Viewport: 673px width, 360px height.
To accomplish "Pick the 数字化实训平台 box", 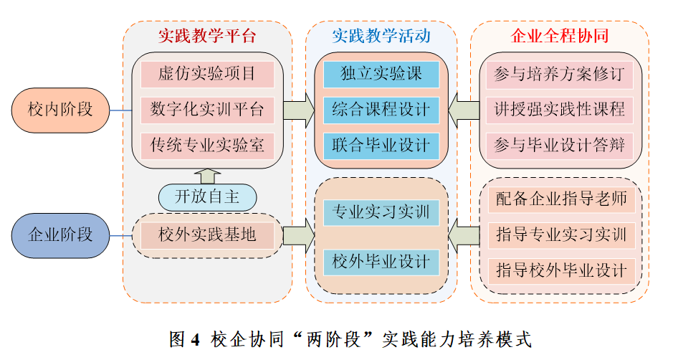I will (207, 110).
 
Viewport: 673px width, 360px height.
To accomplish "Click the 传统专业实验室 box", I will (207, 146).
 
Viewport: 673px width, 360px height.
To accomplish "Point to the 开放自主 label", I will (207, 195).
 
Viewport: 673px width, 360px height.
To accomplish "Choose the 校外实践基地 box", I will (207, 235).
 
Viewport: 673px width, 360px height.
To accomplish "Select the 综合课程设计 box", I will (381, 110).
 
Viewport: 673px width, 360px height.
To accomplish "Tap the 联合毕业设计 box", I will (381, 146).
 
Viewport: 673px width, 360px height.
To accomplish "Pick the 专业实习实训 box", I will (381, 212).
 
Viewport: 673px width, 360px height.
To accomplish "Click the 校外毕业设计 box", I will (381, 261).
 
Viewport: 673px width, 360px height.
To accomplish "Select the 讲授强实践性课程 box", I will (559, 110).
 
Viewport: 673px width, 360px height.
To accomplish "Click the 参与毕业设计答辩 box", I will (559, 146).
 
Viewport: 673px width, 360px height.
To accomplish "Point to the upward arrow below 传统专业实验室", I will (207, 175).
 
